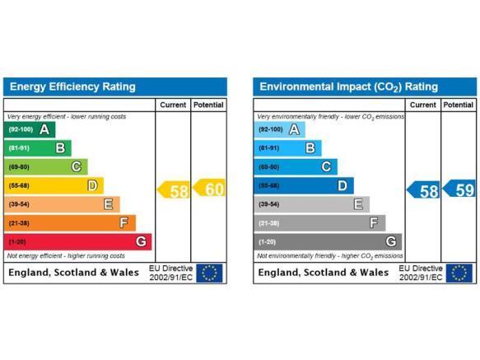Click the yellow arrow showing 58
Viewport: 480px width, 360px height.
pyautogui.click(x=173, y=190)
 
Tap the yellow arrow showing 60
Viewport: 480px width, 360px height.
pyautogui.click(x=209, y=188)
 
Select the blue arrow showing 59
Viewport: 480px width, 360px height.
pyautogui.click(x=459, y=189)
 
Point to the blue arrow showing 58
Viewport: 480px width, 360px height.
pyautogui.click(x=423, y=190)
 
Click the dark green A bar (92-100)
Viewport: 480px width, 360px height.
pyautogui.click(x=30, y=129)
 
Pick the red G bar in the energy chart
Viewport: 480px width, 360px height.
pyautogui.click(x=77, y=242)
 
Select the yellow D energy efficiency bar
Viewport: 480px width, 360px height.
pyautogui.click(x=54, y=185)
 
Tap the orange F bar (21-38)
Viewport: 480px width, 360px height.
pyautogui.click(x=70, y=223)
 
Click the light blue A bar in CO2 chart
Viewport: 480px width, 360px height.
pyautogui.click(x=279, y=129)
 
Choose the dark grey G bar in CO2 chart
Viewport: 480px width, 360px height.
pyautogui.click(x=328, y=242)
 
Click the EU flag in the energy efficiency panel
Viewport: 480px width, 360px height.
pyautogui.click(x=209, y=273)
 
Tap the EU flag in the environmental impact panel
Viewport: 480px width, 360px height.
pyautogui.click(x=459, y=273)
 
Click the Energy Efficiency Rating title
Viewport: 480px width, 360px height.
pyautogui.click(x=72, y=86)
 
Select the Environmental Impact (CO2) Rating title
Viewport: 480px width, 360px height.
pyautogui.click(x=348, y=87)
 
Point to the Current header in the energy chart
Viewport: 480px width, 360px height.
pyautogui.click(x=173, y=105)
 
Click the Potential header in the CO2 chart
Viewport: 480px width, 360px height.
pyautogui.click(x=459, y=105)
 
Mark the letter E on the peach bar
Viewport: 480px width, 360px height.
pyautogui.click(x=109, y=204)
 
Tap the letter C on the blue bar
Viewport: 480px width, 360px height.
pyautogui.click(x=326, y=167)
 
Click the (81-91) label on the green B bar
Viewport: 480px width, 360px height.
pyautogui.click(x=19, y=148)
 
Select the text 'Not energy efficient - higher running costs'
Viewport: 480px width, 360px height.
pyautogui.click(x=66, y=256)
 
